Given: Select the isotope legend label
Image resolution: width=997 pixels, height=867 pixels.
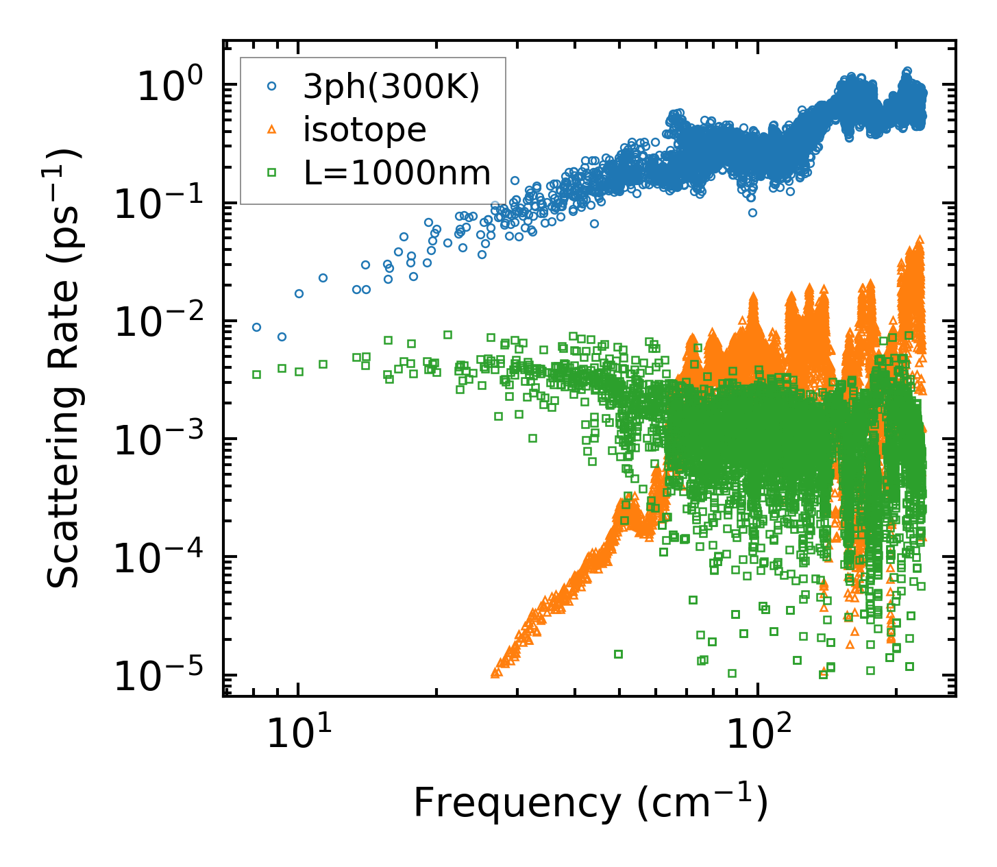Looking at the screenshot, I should point(365,130).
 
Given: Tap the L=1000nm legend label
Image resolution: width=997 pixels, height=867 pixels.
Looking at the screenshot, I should point(397,173).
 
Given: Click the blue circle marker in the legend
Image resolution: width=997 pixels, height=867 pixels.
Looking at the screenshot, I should point(271,86).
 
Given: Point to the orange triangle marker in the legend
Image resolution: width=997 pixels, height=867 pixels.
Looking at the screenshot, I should point(271,129).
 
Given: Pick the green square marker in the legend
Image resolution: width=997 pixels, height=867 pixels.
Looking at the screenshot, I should point(271,173).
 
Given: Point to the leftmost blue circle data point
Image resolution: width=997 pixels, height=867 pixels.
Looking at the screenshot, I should point(256,327).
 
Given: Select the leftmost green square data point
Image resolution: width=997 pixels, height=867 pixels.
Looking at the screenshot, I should point(256,374).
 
